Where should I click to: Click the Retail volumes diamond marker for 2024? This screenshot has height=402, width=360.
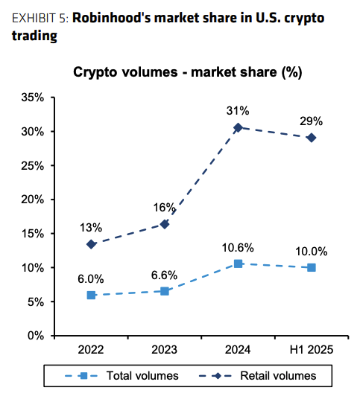(x=238, y=128)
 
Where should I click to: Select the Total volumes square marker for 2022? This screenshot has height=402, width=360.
(x=91, y=295)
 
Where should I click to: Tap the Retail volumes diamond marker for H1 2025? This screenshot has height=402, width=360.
(x=311, y=138)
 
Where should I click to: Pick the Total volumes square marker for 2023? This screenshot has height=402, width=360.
(x=165, y=291)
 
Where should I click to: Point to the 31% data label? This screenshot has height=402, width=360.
(x=237, y=111)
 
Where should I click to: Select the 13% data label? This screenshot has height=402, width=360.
(x=91, y=227)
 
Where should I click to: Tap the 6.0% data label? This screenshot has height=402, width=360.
(x=91, y=278)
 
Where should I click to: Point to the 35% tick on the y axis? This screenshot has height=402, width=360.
(x=32, y=98)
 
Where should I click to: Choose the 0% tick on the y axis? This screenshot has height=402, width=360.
(x=35, y=335)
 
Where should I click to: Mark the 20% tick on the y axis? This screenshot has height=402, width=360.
(x=32, y=200)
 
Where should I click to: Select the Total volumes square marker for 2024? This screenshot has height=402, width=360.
(x=238, y=264)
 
